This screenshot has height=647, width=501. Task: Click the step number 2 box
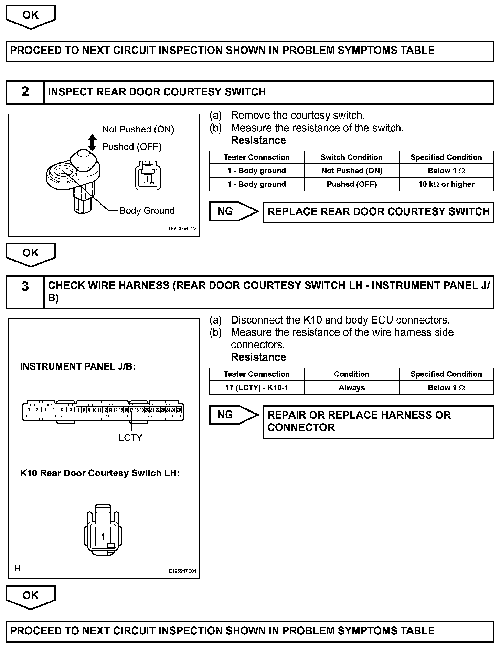pyautogui.click(x=25, y=92)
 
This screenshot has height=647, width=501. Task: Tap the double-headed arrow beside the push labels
pyautogui.click(x=92, y=143)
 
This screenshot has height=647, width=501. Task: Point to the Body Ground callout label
pyautogui.click(x=147, y=210)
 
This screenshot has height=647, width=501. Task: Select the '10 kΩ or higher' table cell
pyautogui.click(x=446, y=184)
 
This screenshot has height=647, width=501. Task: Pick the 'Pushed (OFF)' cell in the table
pyautogui.click(x=352, y=184)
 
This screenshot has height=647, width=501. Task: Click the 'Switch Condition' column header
pyautogui.click(x=352, y=157)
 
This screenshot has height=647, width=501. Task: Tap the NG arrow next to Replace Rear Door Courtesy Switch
pyautogui.click(x=234, y=211)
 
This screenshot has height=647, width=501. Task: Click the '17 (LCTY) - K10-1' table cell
pyautogui.click(x=257, y=388)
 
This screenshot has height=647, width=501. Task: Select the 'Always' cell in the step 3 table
pyautogui.click(x=352, y=388)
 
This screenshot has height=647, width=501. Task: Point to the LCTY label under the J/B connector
pyautogui.click(x=130, y=438)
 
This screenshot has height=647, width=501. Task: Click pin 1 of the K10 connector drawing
pyautogui.click(x=103, y=536)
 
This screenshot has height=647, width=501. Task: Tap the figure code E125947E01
pyautogui.click(x=182, y=571)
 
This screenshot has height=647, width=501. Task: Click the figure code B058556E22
pyautogui.click(x=183, y=229)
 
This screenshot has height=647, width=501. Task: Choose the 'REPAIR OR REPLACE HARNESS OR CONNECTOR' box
pyautogui.click(x=379, y=421)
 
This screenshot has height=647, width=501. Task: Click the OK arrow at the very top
pyautogui.click(x=31, y=16)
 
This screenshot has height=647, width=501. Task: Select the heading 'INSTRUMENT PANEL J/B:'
pyautogui.click(x=78, y=366)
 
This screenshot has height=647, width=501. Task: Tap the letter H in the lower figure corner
pyautogui.click(x=17, y=568)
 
